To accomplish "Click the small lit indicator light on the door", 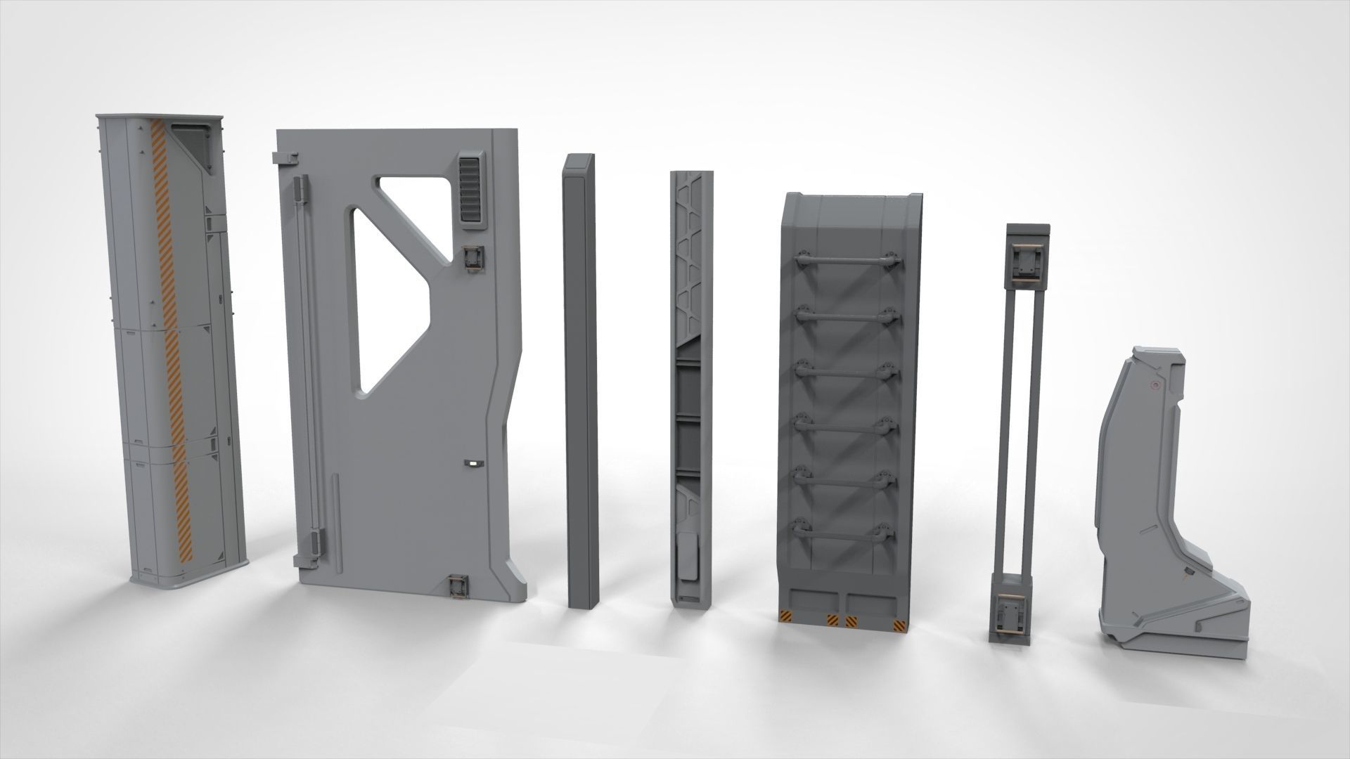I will (x=472, y=464).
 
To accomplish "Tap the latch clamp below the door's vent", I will (x=474, y=258).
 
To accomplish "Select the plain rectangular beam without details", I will (x=582, y=372).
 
